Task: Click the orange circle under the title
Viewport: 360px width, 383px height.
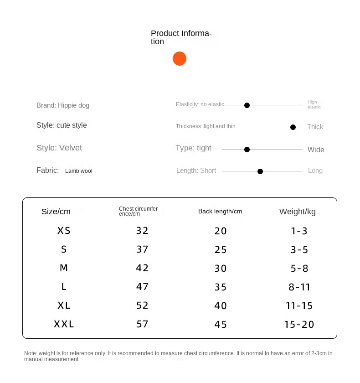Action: click(180, 59)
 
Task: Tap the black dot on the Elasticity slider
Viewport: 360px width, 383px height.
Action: click(247, 105)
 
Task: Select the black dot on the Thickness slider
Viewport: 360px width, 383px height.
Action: click(293, 127)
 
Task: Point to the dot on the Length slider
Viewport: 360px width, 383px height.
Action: click(260, 171)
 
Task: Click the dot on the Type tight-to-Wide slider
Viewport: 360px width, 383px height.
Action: click(247, 150)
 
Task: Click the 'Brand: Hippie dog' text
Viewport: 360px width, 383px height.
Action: click(63, 105)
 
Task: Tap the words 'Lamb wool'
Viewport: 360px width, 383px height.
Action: click(78, 171)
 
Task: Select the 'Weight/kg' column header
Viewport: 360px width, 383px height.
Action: click(297, 212)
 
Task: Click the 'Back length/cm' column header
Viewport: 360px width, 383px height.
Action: click(220, 211)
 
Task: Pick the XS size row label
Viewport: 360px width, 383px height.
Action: click(64, 231)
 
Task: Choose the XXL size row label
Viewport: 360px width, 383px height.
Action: click(64, 324)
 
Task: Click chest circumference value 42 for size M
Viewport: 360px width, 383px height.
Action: click(142, 268)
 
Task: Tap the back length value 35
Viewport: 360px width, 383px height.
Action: click(221, 287)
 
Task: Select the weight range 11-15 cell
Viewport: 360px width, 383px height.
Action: click(299, 306)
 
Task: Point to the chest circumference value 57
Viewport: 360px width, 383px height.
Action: click(142, 324)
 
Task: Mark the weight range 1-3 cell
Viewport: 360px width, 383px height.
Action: click(299, 231)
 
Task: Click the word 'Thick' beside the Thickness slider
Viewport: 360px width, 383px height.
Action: click(315, 127)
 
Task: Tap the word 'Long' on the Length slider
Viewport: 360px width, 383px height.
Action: click(315, 171)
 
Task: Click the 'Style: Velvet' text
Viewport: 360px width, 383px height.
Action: click(59, 148)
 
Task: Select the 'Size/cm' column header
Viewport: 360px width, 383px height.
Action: click(56, 212)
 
